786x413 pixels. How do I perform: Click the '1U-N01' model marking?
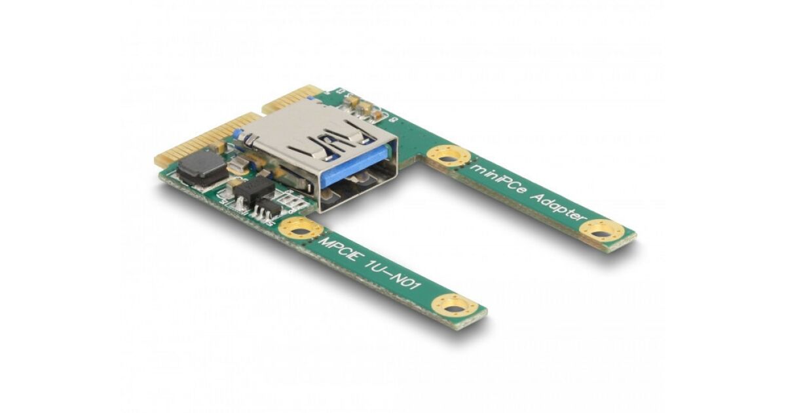tap(396, 279)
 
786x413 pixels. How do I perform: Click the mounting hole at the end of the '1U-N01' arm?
tap(455, 308)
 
